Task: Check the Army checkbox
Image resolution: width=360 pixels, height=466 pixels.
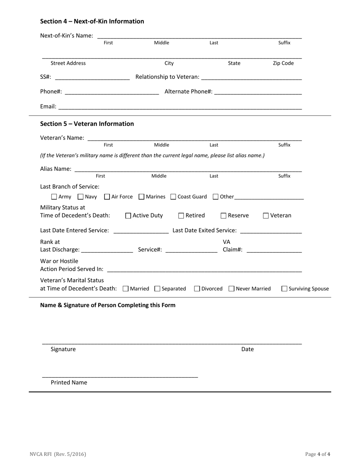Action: tap(54, 197)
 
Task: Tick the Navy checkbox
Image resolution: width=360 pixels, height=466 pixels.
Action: tap(81, 197)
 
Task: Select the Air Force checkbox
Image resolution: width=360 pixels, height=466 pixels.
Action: tap(107, 197)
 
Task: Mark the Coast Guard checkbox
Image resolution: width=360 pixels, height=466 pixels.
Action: tap(173, 197)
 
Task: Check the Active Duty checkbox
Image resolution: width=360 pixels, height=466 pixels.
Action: tap(128, 216)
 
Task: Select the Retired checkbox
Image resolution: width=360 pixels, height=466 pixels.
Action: tap(181, 216)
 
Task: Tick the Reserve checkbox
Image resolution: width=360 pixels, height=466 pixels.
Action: tap(224, 216)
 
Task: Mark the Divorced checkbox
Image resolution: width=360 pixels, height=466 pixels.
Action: tap(197, 289)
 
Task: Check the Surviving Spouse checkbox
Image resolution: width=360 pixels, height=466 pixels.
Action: tap(284, 289)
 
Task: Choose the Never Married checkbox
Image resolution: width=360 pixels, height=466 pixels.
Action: tap(232, 289)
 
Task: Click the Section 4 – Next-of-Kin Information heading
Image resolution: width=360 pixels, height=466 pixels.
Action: tap(92, 21)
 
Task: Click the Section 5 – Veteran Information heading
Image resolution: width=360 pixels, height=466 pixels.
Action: tap(87, 124)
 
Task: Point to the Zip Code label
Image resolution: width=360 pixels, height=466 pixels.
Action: tap(283, 63)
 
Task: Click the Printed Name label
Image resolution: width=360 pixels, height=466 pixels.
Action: tap(69, 382)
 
